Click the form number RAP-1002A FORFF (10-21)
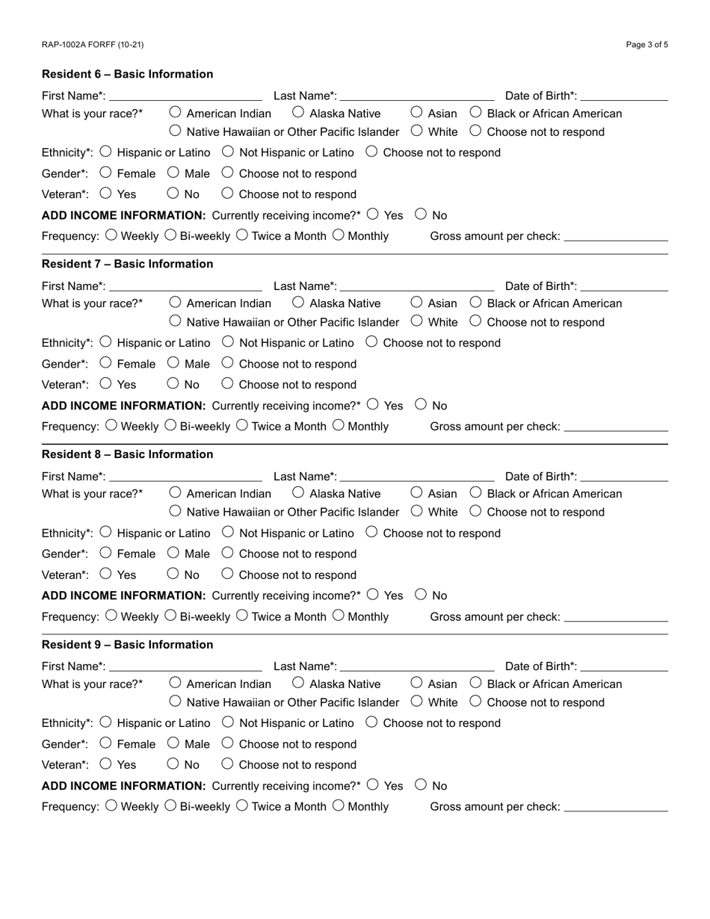click(x=93, y=45)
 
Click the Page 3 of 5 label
click(x=646, y=45)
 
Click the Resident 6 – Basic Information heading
click(x=127, y=74)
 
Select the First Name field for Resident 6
click(x=185, y=95)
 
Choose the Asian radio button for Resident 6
click(x=417, y=112)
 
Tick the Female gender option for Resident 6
click(x=105, y=173)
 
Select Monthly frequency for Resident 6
click(x=339, y=235)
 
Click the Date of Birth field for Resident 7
click(x=623, y=285)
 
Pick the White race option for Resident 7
click(x=417, y=321)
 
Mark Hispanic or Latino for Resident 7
click(x=105, y=341)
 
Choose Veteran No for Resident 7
click(x=173, y=383)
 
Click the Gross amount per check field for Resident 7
click(x=616, y=426)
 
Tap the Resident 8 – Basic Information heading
click(x=127, y=454)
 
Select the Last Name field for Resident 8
click(x=416, y=476)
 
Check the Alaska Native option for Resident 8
click(x=298, y=492)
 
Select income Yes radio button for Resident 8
click(x=373, y=595)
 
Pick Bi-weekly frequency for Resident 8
click(x=170, y=616)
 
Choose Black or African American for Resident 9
click(x=476, y=683)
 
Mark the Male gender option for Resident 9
click(x=173, y=743)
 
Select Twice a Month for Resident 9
click(x=241, y=805)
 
